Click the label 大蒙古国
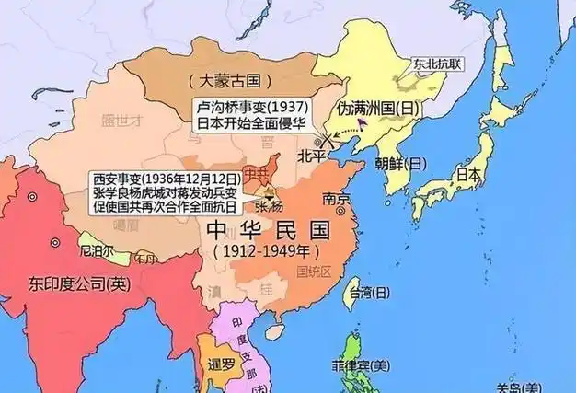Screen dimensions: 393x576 click(x=222, y=81)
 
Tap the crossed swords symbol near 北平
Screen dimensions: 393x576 click(x=323, y=142)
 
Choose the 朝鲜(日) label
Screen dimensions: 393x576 click(x=401, y=164)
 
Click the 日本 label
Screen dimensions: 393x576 click(x=469, y=174)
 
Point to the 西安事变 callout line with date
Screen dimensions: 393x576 click(x=167, y=178)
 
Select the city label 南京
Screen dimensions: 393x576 click(x=336, y=200)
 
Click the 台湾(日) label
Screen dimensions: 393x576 click(x=368, y=294)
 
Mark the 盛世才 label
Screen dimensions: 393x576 click(x=123, y=121)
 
